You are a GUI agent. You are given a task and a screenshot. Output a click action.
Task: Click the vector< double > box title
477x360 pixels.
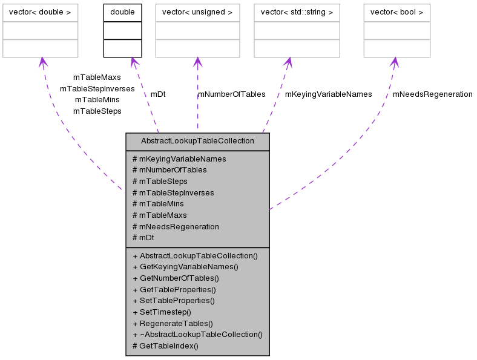click(41, 12)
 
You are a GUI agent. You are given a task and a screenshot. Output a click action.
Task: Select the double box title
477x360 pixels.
click(122, 12)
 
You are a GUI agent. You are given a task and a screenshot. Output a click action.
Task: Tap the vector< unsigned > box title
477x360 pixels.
click(197, 12)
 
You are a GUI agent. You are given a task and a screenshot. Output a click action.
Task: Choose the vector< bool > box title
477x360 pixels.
click(396, 12)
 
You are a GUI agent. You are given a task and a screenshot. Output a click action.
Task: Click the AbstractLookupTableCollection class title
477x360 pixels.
click(197, 142)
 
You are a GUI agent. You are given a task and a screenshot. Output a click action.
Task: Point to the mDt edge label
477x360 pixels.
click(158, 94)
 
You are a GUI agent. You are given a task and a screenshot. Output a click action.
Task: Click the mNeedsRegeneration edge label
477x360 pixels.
click(432, 94)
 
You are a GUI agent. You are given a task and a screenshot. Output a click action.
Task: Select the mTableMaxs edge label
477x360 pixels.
click(97, 77)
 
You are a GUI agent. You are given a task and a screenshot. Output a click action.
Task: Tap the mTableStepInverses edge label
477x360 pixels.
click(97, 89)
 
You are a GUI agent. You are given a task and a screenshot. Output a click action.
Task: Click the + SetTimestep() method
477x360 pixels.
click(162, 312)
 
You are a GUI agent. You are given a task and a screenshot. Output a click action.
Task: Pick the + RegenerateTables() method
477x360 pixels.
click(173, 323)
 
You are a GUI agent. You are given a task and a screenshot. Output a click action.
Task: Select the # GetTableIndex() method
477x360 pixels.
click(165, 345)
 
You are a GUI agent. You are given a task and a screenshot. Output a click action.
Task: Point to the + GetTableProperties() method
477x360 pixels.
click(174, 290)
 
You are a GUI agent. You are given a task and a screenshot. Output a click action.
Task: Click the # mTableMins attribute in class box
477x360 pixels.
click(158, 204)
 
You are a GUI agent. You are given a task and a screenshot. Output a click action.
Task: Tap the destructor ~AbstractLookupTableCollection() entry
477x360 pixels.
click(197, 335)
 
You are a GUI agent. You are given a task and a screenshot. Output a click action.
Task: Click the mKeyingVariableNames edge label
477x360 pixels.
click(328, 94)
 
